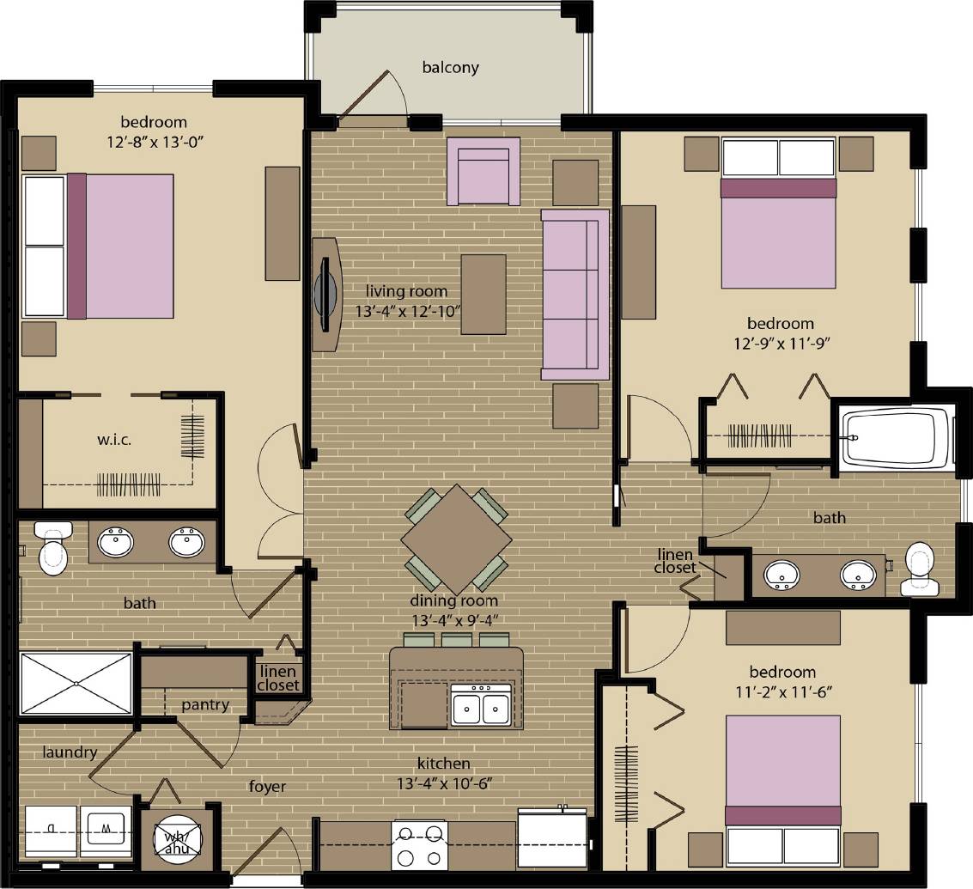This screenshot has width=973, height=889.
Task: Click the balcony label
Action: (450, 67)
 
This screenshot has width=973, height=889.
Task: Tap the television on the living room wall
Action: (325, 294)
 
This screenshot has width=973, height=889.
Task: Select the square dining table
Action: (456, 539)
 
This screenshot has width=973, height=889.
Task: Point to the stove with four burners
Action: (420, 844)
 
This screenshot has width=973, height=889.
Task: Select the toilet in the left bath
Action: (52, 551)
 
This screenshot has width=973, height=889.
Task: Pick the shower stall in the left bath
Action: (76, 683)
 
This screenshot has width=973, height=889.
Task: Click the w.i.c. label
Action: (114, 440)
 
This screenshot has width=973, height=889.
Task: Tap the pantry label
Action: (205, 705)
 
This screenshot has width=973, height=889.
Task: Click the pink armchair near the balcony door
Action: (483, 173)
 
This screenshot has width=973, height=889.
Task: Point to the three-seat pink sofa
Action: (575, 294)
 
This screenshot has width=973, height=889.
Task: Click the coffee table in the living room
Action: (483, 294)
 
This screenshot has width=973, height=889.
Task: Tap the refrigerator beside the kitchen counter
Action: (551, 839)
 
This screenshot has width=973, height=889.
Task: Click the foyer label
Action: (267, 786)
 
